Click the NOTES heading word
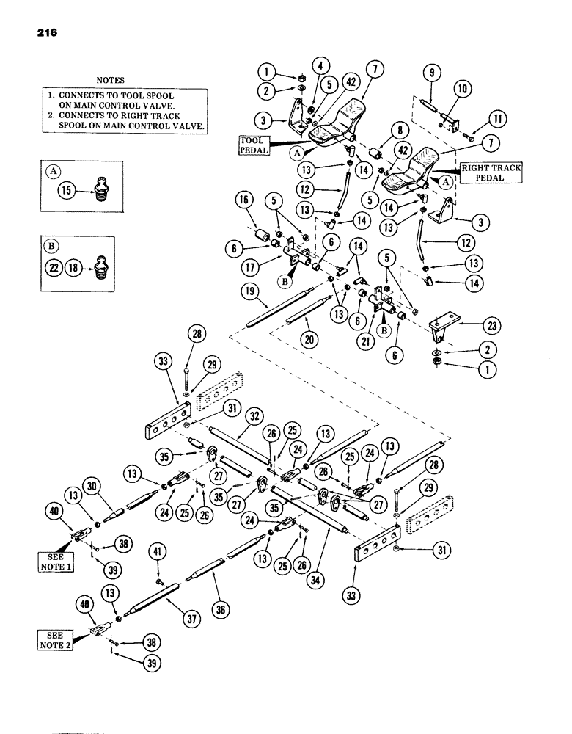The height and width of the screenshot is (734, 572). pos(110,79)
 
